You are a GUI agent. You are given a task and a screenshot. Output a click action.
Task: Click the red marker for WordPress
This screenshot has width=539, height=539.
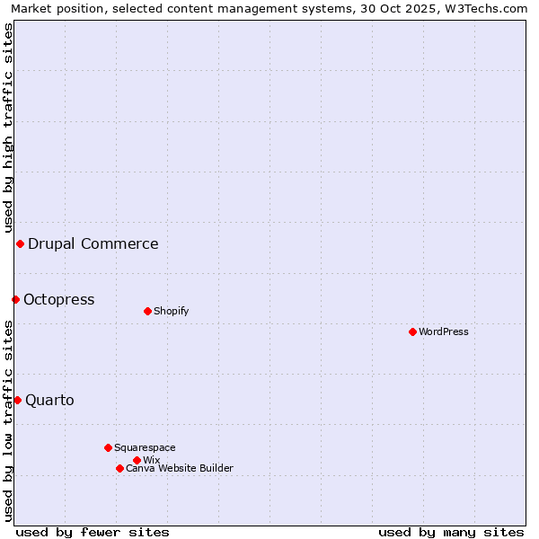pyautogui.click(x=412, y=331)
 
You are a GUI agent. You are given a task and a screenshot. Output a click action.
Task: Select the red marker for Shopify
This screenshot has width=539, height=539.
pyautogui.click(x=147, y=311)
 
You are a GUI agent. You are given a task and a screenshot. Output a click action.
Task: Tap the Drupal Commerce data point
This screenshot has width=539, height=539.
pyautogui.click(x=20, y=243)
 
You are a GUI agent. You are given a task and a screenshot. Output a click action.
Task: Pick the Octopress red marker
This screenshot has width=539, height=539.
pyautogui.click(x=15, y=299)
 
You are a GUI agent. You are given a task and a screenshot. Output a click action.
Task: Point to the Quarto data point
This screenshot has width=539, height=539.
pyautogui.click(x=17, y=400)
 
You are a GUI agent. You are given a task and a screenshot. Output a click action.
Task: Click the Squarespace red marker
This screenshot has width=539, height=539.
pyautogui.click(x=108, y=447)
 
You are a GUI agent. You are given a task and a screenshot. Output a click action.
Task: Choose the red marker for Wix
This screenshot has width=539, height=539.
pyautogui.click(x=137, y=460)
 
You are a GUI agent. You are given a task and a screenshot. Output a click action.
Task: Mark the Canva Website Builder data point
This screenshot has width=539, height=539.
pyautogui.click(x=119, y=468)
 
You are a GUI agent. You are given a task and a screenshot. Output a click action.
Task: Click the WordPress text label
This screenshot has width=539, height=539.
pyautogui.click(x=444, y=331)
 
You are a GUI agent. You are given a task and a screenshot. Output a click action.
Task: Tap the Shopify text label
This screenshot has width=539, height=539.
pyautogui.click(x=172, y=311)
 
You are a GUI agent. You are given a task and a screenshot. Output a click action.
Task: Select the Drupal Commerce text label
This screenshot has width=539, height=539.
pyautogui.click(x=93, y=243)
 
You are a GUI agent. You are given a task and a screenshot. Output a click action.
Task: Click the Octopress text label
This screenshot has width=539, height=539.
pyautogui.click(x=59, y=299)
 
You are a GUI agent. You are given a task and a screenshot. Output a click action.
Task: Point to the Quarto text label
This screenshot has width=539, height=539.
pyautogui.click(x=50, y=400)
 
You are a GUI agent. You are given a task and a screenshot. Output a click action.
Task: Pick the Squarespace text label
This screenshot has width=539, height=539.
pyautogui.click(x=145, y=447)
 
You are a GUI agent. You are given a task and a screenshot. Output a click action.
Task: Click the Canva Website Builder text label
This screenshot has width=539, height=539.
pyautogui.click(x=180, y=468)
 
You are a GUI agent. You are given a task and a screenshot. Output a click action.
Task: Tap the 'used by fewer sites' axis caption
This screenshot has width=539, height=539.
pyautogui.click(x=93, y=532)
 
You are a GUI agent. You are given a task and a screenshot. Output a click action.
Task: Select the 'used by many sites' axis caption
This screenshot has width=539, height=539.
pyautogui.click(x=451, y=532)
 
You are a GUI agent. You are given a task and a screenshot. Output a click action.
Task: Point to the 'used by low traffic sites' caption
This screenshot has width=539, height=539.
pyautogui.click(x=8, y=420)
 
